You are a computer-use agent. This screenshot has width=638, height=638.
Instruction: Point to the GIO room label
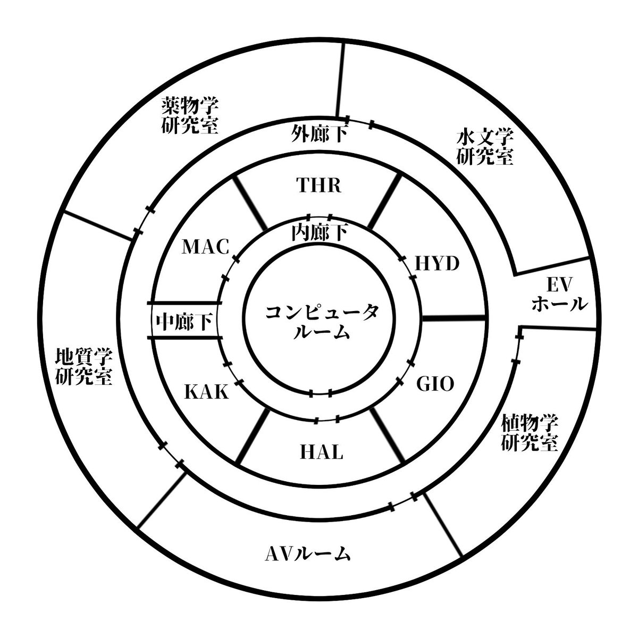point(435,383)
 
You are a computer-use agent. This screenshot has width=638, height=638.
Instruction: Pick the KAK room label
point(206,393)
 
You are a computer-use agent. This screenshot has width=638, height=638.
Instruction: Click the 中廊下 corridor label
point(185,322)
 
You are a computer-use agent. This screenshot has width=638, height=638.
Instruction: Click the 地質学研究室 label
point(83,367)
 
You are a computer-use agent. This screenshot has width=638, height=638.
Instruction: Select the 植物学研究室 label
point(530,433)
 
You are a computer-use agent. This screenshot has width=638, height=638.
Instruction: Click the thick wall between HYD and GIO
point(453,318)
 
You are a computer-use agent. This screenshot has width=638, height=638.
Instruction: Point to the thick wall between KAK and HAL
point(251,436)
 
